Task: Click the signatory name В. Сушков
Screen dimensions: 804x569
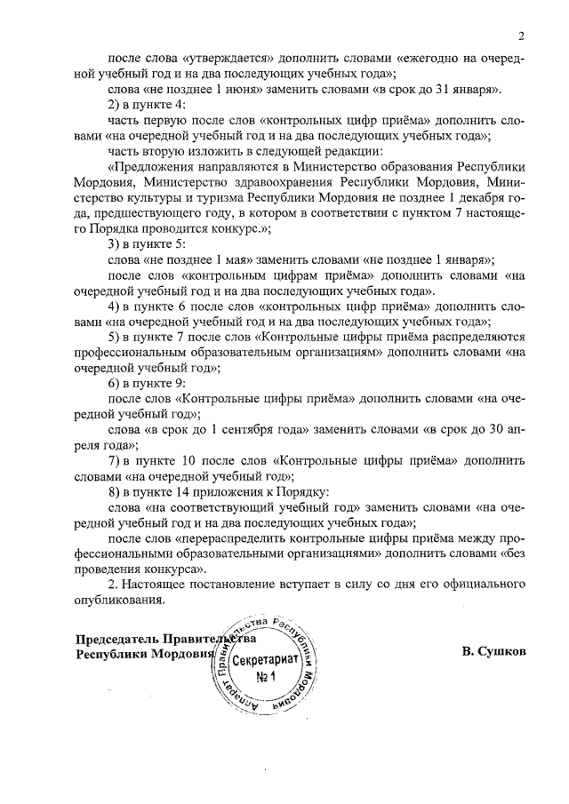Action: (x=494, y=650)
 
